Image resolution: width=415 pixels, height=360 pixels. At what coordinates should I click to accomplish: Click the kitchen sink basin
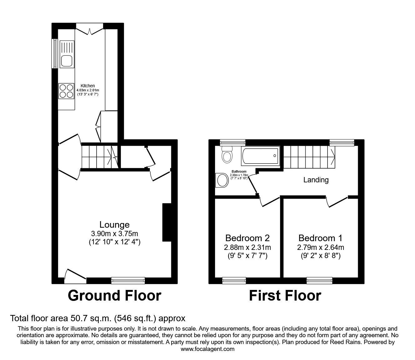tap(67, 61)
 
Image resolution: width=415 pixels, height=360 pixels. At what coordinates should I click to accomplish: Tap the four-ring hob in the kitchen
tap(66, 91)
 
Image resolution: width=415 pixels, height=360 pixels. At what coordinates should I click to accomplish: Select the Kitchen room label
tap(87, 86)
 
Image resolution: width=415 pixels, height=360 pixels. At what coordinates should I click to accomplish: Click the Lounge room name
tap(114, 225)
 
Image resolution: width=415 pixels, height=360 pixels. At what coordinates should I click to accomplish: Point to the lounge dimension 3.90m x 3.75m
tap(114, 233)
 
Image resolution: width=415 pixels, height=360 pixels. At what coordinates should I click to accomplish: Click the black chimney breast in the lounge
tap(167, 222)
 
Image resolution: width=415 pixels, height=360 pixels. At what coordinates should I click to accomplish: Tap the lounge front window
tap(128, 281)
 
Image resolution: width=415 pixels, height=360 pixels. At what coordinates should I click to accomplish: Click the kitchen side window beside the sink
tap(55, 53)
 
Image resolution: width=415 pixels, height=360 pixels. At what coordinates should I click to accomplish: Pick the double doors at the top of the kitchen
tap(90, 29)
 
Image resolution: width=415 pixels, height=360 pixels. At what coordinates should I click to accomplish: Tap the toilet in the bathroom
tap(226, 155)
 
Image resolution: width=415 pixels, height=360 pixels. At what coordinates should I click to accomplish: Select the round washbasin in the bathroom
tap(222, 180)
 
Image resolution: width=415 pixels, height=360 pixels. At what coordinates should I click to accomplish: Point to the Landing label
tap(316, 180)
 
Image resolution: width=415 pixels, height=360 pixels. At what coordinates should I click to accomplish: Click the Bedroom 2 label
tap(247, 238)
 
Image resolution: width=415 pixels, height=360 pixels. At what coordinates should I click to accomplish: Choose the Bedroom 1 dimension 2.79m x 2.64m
tap(320, 247)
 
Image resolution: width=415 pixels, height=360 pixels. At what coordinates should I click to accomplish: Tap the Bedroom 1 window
tap(319, 281)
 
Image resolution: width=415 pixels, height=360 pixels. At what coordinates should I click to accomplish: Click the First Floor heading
tap(285, 296)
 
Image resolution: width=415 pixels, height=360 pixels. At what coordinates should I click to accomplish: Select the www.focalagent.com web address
tap(207, 349)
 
